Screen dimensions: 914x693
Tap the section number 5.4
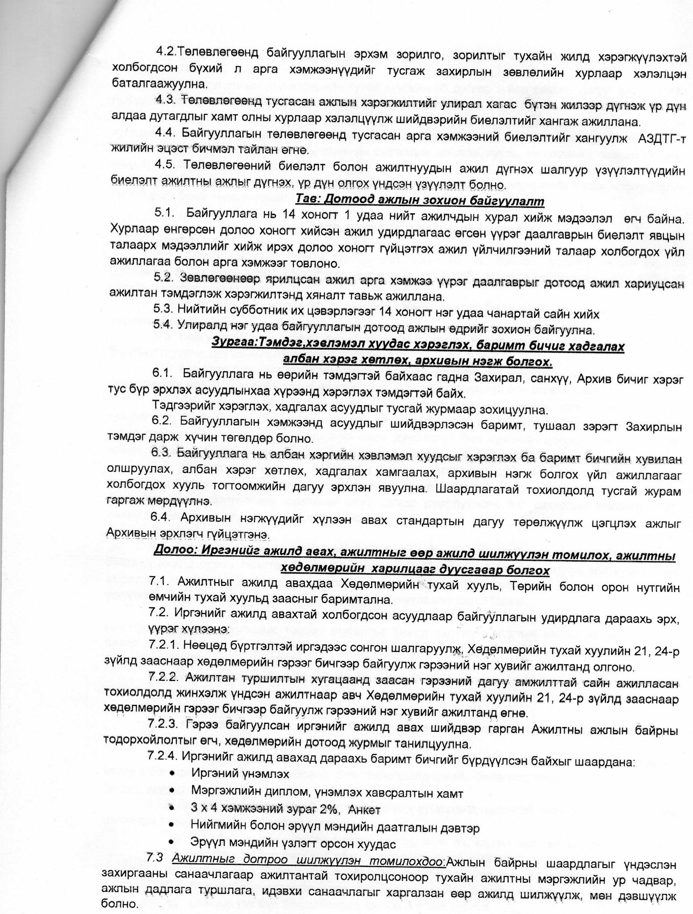[x=163, y=330]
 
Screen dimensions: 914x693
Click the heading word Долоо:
[x=174, y=557]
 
